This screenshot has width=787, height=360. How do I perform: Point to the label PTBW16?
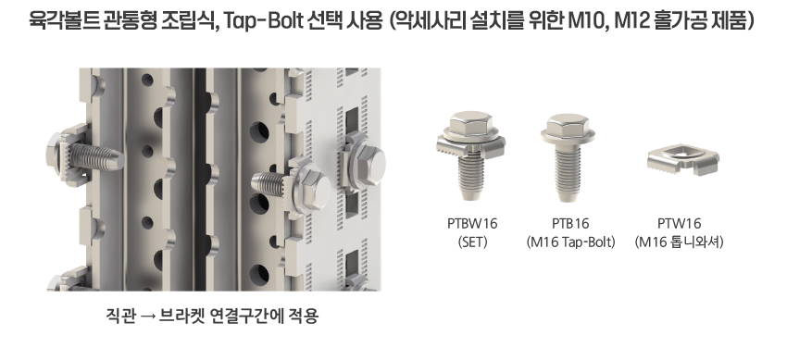click(472, 223)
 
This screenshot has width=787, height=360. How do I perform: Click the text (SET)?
click(472, 242)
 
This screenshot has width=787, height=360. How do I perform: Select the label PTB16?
click(570, 223)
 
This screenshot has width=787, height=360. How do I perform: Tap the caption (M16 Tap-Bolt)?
click(570, 242)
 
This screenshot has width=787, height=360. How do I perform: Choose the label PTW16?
click(679, 223)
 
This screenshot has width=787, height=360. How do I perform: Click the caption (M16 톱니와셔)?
click(679, 242)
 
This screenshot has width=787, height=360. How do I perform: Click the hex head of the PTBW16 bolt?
click(470, 125)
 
